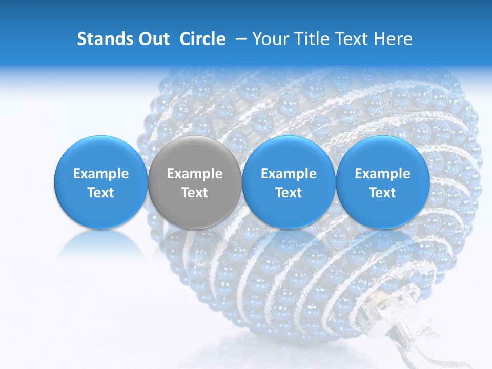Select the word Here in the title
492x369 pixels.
click(394, 39)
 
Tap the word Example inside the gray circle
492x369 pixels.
click(195, 174)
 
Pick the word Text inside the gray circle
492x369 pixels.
click(195, 193)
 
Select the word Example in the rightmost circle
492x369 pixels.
click(383, 174)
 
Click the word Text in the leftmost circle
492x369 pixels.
click(100, 193)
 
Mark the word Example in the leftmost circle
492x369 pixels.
click(100, 174)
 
